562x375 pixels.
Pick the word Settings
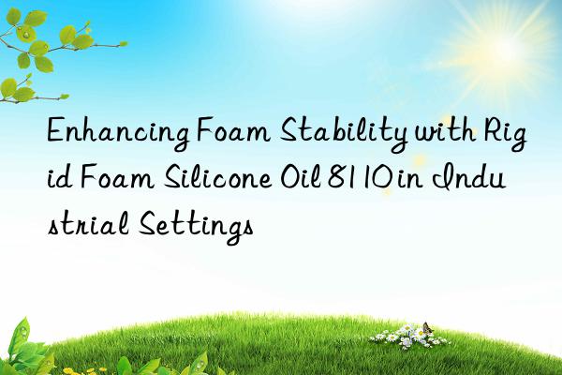[x=194, y=225]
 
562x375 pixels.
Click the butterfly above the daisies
[x=427, y=329]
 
